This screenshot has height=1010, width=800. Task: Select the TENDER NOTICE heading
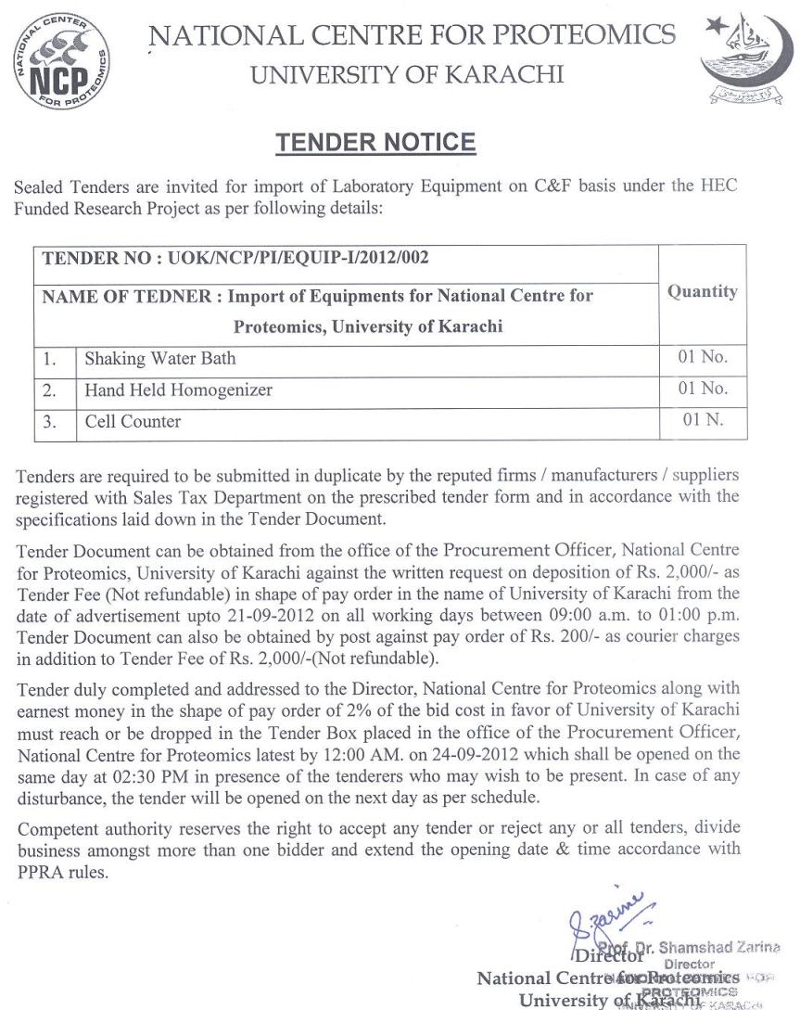click(x=375, y=142)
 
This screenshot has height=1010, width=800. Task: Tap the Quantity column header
click(x=702, y=291)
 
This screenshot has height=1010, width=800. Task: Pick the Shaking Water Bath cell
click(x=160, y=357)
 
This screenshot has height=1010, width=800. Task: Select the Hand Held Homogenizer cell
click(x=178, y=390)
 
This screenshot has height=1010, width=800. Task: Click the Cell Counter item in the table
click(x=133, y=421)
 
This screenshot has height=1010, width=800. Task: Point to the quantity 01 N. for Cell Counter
click(x=702, y=420)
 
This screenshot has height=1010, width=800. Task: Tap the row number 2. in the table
click(x=51, y=390)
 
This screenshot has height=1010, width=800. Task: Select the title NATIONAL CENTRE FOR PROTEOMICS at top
click(x=413, y=35)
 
